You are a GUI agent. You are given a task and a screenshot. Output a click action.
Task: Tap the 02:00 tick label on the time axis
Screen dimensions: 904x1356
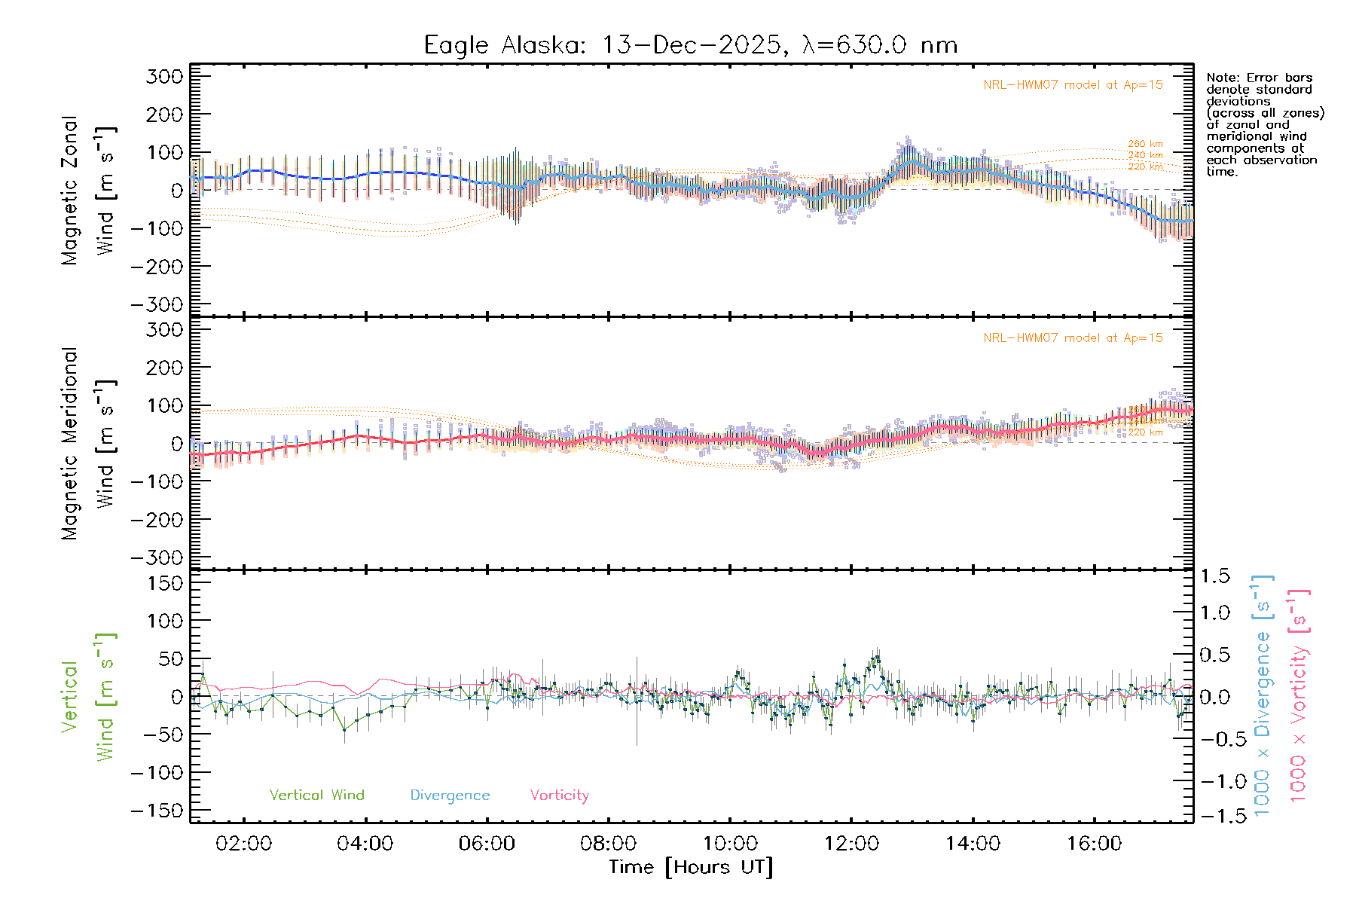click(243, 844)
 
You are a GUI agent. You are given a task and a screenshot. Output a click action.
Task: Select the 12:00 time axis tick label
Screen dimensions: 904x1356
click(851, 844)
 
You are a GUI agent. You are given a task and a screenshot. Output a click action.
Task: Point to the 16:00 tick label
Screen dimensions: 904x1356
click(1094, 844)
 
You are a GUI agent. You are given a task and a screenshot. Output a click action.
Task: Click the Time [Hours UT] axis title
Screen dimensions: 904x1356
click(691, 867)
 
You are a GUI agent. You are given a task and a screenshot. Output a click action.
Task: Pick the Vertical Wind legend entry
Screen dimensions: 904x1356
click(316, 795)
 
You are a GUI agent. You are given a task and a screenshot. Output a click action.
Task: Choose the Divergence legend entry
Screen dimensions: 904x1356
click(450, 795)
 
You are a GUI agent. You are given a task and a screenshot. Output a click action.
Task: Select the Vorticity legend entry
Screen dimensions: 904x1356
click(559, 795)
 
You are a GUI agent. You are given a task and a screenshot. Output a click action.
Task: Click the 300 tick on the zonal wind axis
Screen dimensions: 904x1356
click(165, 77)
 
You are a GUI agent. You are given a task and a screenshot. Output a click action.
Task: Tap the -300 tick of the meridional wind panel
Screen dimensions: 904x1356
click(157, 557)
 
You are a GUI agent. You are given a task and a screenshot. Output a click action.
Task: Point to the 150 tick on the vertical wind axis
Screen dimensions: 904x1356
click(165, 583)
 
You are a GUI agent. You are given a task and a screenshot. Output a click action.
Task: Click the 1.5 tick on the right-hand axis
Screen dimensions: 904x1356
click(1214, 576)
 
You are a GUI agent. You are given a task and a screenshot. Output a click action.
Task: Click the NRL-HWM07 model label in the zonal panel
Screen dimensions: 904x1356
click(1073, 85)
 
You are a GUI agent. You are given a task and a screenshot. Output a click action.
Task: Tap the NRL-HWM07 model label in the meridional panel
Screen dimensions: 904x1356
click(1073, 338)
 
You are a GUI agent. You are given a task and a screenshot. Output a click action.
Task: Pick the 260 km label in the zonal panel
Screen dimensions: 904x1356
click(1145, 144)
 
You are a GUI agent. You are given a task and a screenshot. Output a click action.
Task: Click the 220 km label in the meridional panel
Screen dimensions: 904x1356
click(1145, 432)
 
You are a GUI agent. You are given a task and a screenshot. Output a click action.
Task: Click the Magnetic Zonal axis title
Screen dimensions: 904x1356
click(69, 191)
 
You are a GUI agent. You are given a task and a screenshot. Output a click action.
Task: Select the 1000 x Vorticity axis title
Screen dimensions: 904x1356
click(1298, 695)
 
